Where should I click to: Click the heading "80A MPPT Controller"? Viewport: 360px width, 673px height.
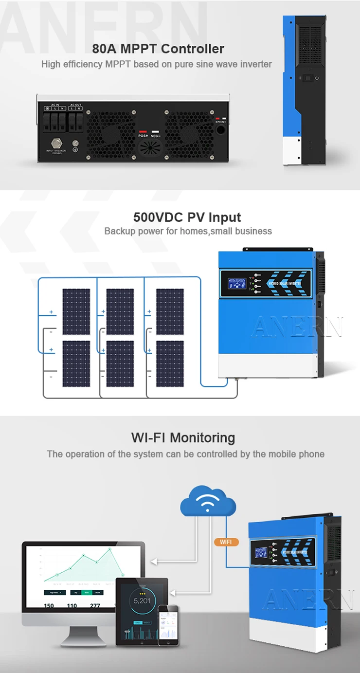pyautogui.click(x=158, y=49)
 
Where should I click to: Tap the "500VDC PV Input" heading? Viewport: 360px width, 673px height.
pyautogui.click(x=187, y=218)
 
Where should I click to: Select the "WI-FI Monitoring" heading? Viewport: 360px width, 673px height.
pyautogui.click(x=183, y=437)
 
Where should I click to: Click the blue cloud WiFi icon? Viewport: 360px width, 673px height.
pyautogui.click(x=208, y=501)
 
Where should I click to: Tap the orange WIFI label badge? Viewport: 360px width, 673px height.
pyautogui.click(x=226, y=542)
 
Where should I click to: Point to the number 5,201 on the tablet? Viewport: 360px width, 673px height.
pyautogui.click(x=142, y=600)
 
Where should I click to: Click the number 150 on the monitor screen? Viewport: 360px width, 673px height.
pyautogui.click(x=49, y=606)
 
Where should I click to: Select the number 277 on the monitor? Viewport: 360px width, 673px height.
pyautogui.click(x=95, y=606)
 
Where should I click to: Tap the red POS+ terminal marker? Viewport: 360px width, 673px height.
pyautogui.click(x=144, y=132)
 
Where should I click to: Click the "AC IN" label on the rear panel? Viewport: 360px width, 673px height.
pyautogui.click(x=54, y=105)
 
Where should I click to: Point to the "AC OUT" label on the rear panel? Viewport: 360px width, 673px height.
pyautogui.click(x=75, y=105)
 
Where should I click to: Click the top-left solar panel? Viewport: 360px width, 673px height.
pyautogui.click(x=76, y=311)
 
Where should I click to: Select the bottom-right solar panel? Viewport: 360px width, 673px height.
pyautogui.click(x=170, y=364)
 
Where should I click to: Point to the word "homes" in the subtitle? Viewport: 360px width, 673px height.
pyautogui.click(x=194, y=231)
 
